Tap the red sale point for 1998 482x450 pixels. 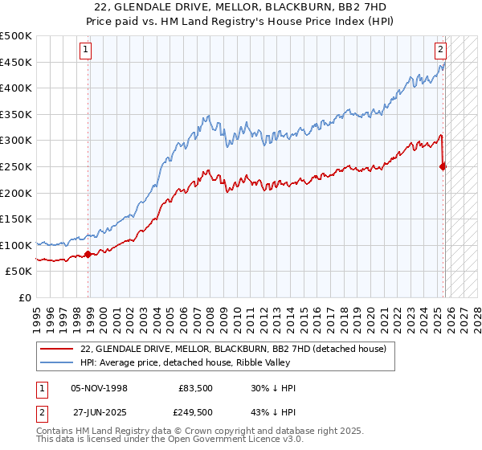click(x=88, y=255)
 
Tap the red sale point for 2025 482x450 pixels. click(x=443, y=166)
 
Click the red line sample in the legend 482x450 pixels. click(x=56, y=349)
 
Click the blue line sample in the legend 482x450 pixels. click(x=56, y=362)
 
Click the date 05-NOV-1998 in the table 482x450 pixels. click(x=100, y=388)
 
